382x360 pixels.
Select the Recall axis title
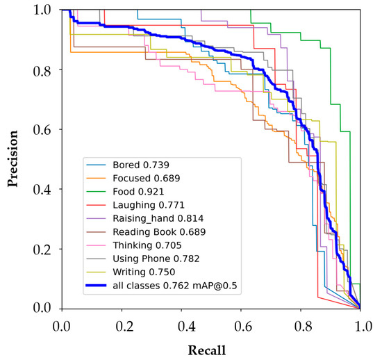pos(211,349)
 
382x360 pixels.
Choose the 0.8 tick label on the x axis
pos(301,324)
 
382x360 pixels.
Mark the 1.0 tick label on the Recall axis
pos(360,324)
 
